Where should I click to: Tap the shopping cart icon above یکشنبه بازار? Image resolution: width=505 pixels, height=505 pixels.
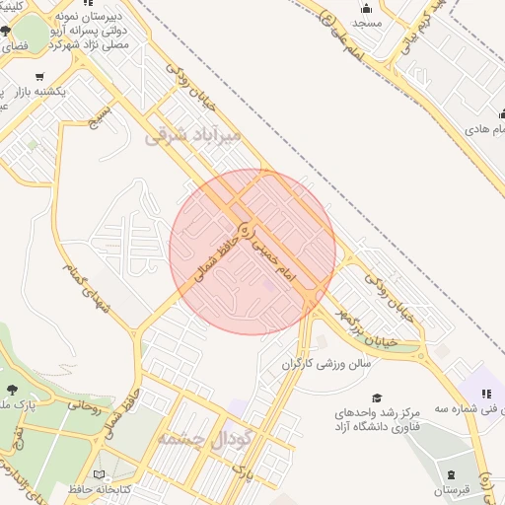click(x=39, y=77)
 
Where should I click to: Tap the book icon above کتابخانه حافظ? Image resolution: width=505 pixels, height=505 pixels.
click(x=125, y=472)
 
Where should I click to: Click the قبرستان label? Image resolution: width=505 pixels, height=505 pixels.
click(x=453, y=489)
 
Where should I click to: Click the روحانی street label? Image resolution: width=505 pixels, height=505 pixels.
click(x=87, y=404)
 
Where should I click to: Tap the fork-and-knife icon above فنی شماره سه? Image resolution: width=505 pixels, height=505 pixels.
click(x=485, y=394)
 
